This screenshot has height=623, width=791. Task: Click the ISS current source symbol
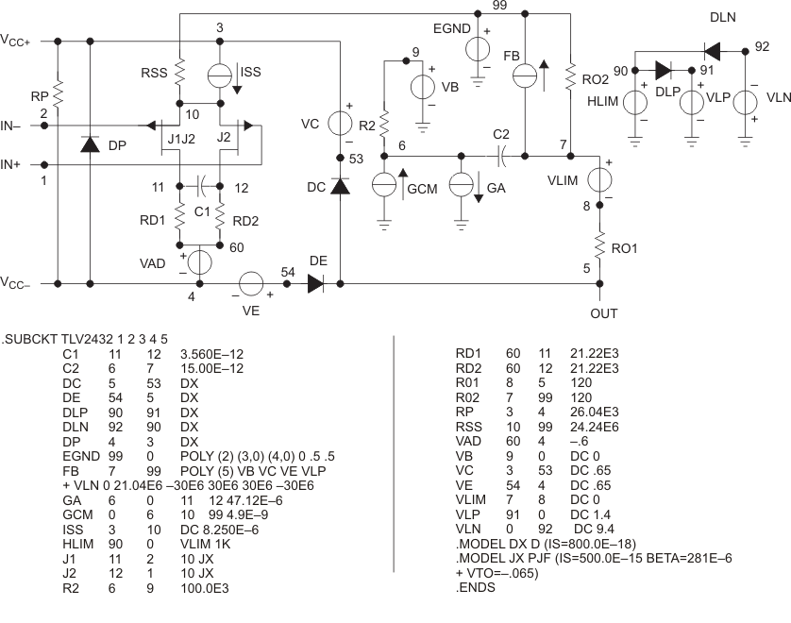[x=220, y=75]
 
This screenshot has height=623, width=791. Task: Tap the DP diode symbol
[x=90, y=144]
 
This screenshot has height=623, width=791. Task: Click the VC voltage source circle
[x=340, y=123]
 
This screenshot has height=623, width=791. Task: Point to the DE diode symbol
[x=315, y=282]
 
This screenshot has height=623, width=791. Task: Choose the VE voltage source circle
[x=250, y=282]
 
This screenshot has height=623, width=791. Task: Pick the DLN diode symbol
[x=711, y=46]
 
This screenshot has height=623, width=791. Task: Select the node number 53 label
[x=356, y=159]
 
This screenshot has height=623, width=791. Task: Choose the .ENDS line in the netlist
[x=477, y=586]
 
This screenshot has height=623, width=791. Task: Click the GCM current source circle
[x=384, y=185]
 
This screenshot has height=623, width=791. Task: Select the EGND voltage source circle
[x=479, y=47]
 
